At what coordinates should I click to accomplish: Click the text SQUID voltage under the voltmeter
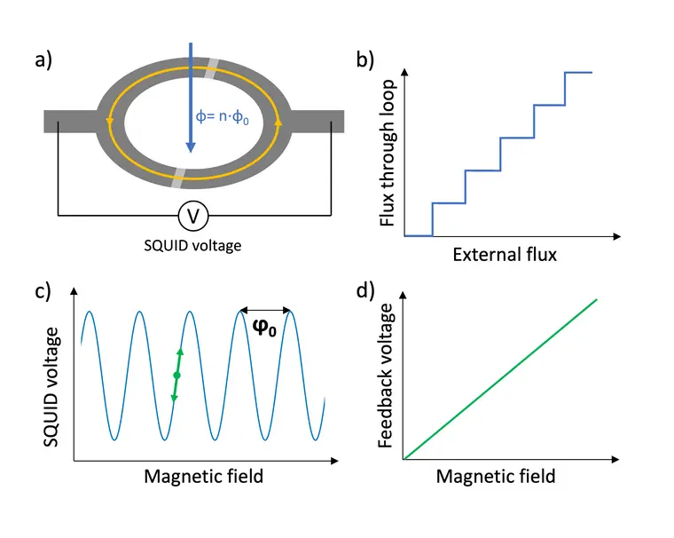point(193,245)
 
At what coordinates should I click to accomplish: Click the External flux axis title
point(505,256)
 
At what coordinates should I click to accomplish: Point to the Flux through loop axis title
point(388,156)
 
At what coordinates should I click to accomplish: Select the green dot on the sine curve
point(176,376)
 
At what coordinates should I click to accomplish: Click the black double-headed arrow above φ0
point(265,310)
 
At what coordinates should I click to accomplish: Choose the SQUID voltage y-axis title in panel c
point(53,385)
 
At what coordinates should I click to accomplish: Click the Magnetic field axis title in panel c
point(203,477)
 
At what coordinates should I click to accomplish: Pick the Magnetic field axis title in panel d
point(496,477)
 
